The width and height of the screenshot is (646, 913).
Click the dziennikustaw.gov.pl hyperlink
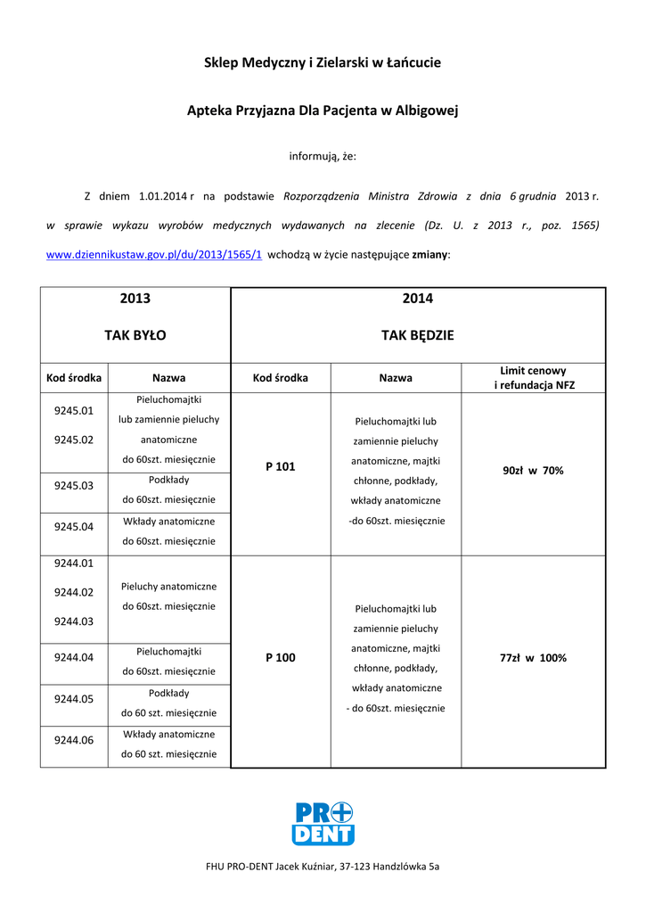tap(153, 254)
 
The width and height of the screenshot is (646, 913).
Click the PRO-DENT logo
tap(323, 823)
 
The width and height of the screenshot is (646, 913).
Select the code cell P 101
tap(281, 466)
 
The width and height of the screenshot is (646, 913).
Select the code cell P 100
tap(281, 658)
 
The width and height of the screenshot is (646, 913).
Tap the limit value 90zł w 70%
tap(533, 471)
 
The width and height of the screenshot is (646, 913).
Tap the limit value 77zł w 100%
tap(533, 658)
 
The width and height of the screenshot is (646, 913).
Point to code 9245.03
tap(74, 486)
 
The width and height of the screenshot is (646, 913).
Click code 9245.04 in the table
tap(74, 527)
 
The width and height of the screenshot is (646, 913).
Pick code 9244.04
tap(74, 657)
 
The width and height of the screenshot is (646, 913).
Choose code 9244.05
tap(74, 699)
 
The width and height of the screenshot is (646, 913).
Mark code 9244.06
tap(74, 739)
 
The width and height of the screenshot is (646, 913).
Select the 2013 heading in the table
tap(135, 299)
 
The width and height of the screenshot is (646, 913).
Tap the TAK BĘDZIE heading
tap(418, 335)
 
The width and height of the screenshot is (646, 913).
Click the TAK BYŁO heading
tap(135, 335)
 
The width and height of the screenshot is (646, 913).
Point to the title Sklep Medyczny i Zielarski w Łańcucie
tap(323, 63)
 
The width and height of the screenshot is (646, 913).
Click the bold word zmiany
tap(430, 254)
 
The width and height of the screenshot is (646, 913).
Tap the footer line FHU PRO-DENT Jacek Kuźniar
tap(323, 866)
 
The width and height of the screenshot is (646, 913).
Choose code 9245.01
tap(74, 411)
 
